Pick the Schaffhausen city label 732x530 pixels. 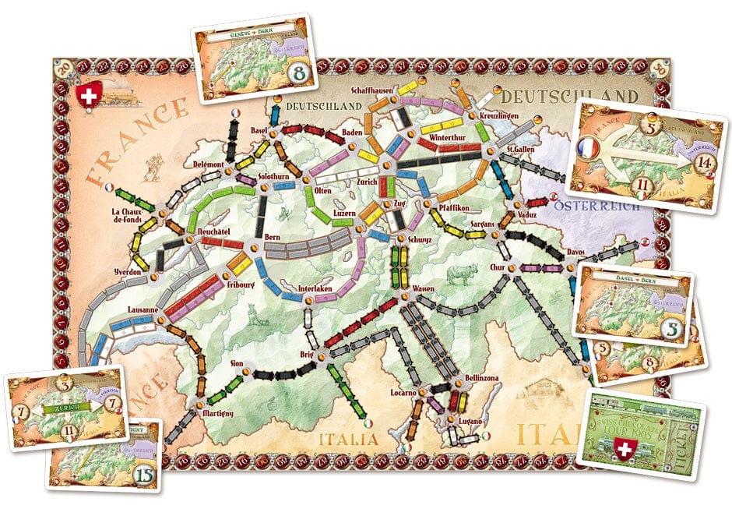tap(371, 90)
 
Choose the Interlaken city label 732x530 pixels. tap(316, 290)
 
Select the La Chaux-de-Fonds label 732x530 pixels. tap(129, 216)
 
